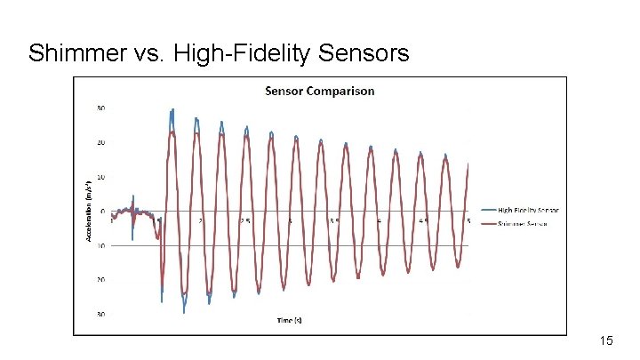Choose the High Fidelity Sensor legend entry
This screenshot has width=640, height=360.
(x=528, y=210)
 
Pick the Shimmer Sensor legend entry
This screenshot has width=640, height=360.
(x=524, y=224)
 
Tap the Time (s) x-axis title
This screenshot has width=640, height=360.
(x=288, y=320)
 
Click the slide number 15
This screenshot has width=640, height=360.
(x=607, y=340)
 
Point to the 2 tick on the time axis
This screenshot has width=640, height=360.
(x=200, y=220)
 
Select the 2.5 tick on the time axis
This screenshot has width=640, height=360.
(x=244, y=220)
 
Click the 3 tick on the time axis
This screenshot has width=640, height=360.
(x=290, y=220)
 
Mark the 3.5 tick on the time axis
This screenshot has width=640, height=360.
(x=334, y=220)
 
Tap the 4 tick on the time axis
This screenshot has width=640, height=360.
(x=379, y=220)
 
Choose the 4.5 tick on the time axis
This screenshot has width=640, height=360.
(x=424, y=220)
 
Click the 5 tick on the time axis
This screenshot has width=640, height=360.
(x=468, y=220)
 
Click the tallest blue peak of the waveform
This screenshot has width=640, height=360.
(x=172, y=109)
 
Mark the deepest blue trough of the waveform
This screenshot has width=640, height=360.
(x=184, y=312)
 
